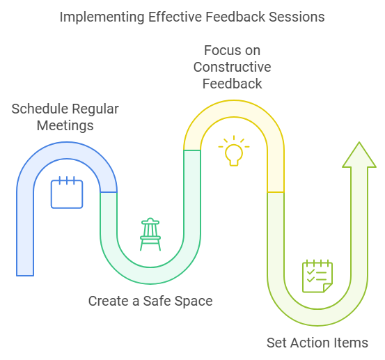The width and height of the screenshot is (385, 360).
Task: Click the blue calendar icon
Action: point(67,192)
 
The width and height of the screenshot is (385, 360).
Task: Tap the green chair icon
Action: point(150,234)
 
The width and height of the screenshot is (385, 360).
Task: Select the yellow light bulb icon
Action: point(234,151)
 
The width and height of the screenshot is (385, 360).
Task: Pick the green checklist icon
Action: point(317,276)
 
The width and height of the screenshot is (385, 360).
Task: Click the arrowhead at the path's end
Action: point(359,155)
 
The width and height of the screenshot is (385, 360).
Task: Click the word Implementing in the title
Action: point(102,17)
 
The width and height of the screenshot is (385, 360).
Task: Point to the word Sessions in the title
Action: point(297,17)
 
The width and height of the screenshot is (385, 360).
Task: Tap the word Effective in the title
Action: point(175,17)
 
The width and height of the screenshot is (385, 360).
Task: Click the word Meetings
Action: point(65,126)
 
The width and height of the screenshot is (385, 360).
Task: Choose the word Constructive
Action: point(233,67)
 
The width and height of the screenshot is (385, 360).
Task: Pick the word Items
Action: point(349,343)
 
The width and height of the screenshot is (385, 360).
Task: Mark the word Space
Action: point(194,302)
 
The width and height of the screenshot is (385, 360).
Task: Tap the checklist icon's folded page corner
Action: point(328,288)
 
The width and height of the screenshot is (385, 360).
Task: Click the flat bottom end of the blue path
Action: point(25,276)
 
